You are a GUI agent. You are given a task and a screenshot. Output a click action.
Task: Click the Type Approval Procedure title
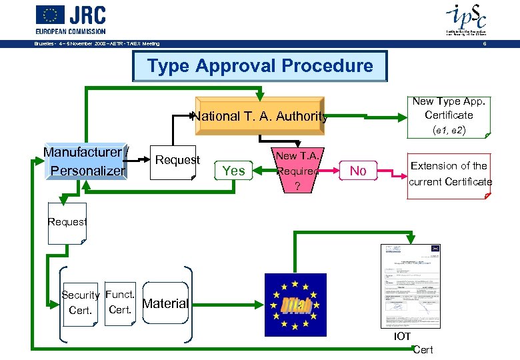pos(260,66)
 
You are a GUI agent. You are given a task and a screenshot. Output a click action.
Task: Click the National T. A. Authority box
pos(260,116)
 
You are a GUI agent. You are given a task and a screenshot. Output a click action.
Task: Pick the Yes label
pos(233,171)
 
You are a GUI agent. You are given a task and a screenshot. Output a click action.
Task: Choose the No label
pos(358,171)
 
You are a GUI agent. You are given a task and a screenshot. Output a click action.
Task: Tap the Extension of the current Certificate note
pos(449,174)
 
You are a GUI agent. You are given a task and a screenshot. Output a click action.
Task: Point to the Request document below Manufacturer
pos(67,223)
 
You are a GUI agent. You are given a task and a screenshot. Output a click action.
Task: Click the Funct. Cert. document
pos(120,302)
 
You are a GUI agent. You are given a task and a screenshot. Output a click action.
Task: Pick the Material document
pos(165,303)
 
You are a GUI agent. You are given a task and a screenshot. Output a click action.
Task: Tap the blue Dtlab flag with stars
pos(295,304)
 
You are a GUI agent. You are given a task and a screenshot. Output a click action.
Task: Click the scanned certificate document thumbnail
pos(410,286)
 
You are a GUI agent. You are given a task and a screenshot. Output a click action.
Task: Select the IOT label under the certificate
pos(402,337)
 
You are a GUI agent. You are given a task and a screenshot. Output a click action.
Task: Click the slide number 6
pos(484,44)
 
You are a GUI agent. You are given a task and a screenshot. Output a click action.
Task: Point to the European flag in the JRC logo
pos(50,15)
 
